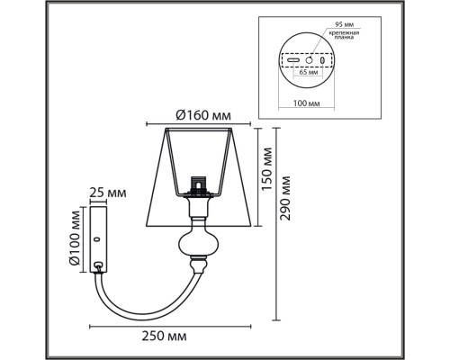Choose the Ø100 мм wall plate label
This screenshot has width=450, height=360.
[76, 236]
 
